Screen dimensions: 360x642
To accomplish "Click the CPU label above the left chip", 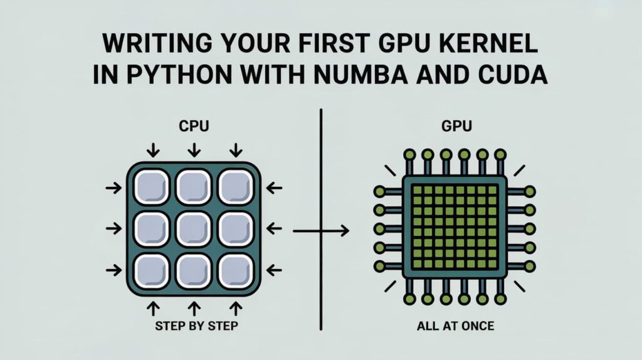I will (194, 127).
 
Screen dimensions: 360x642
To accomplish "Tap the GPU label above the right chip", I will (455, 127).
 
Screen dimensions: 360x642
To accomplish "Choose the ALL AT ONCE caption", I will (455, 326).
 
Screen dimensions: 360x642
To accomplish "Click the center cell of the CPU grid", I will (194, 229).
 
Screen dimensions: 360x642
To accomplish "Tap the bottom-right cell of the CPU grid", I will (236, 271).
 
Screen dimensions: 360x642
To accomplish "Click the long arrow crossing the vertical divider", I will (320, 231).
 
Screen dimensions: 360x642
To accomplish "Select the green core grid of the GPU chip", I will (455, 228).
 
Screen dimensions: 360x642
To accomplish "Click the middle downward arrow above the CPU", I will (194, 149).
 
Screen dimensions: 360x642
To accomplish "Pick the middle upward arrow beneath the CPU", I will (194, 307).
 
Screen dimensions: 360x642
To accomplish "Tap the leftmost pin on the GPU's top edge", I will (409, 154).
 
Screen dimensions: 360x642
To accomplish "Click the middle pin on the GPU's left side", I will (380, 228).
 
